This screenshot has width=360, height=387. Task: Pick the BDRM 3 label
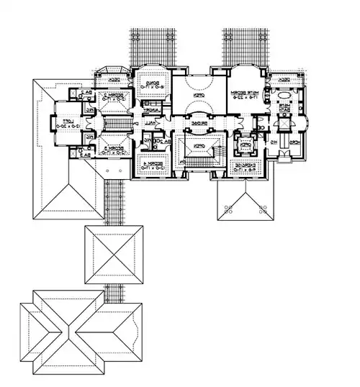click(x=109, y=149)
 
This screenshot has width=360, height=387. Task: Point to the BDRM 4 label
click(x=153, y=168)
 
